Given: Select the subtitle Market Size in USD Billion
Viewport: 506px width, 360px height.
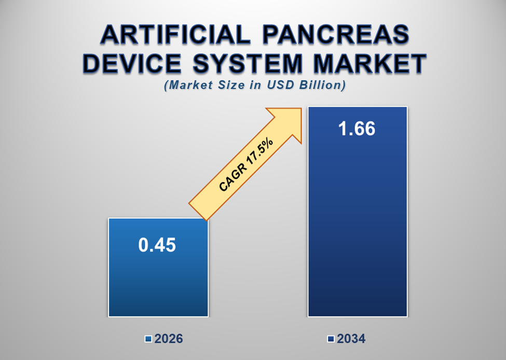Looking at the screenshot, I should coord(254,86).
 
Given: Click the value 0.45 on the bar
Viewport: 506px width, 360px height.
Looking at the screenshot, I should coord(157,245).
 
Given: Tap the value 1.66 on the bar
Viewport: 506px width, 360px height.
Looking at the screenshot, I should coord(357,129).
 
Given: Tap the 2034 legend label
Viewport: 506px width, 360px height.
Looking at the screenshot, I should coord(351,339).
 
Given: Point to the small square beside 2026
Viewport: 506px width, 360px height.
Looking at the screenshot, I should coord(148,340).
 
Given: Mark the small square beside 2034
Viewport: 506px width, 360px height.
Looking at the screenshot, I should coord(331,340).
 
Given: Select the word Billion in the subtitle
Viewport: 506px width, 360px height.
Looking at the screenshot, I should coord(322,86).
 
